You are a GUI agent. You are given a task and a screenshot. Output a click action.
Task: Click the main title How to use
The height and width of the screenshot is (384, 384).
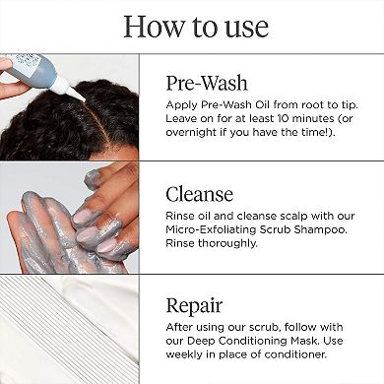(x=192, y=26)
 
